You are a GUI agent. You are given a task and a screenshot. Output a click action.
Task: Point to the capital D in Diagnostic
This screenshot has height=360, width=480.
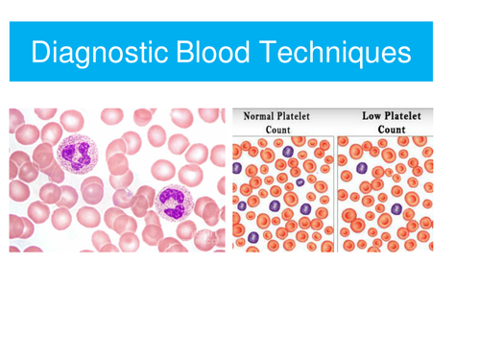point(39,52)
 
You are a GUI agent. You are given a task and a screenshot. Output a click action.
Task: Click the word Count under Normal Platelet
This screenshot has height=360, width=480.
point(278,130)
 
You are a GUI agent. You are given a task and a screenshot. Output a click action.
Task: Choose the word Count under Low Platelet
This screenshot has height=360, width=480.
point(391,130)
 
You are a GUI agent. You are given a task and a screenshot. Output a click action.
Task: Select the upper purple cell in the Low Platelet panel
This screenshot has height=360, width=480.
point(362,167)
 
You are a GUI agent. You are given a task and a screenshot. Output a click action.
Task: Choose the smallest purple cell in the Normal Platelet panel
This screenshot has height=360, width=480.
point(300,181)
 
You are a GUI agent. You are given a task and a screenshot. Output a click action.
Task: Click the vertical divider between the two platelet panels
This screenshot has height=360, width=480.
point(336,182)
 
